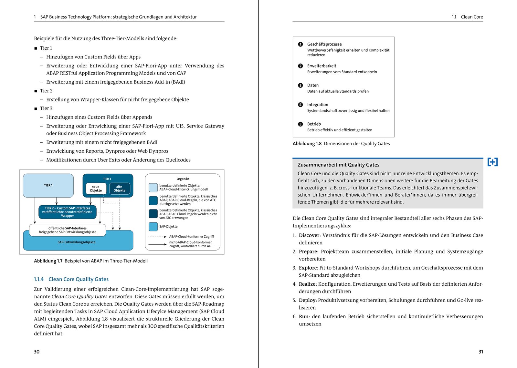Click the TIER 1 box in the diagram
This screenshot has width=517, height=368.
pos(48,185)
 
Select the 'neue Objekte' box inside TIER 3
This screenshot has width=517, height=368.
pos(96,189)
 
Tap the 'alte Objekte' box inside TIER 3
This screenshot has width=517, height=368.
pos(120,189)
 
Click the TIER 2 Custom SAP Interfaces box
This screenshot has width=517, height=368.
pos(68,212)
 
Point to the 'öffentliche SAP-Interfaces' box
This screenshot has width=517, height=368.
pos(68,230)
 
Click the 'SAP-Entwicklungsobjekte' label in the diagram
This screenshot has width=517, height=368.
pos(77,242)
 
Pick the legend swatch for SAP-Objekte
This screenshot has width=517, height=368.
pos(153,227)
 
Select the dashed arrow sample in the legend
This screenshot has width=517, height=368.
pos(157,237)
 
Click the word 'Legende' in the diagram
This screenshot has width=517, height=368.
pos(183,179)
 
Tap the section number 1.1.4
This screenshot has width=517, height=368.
pos(39,279)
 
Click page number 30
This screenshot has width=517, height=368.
pos(37,352)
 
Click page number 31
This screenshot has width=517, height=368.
pos(481,352)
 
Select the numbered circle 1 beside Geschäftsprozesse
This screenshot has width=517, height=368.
pos(301,44)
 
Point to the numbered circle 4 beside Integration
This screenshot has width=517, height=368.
pos(301,105)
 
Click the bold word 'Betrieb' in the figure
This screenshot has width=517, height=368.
pos(314,124)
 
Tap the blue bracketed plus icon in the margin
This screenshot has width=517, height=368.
pos(492,162)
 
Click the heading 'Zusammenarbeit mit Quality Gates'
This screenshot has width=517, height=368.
pos(338,165)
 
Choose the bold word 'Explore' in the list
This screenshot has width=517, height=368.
pos(308,268)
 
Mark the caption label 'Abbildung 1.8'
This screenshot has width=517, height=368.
pos(307,144)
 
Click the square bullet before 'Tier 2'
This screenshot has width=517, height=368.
pos(36,91)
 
